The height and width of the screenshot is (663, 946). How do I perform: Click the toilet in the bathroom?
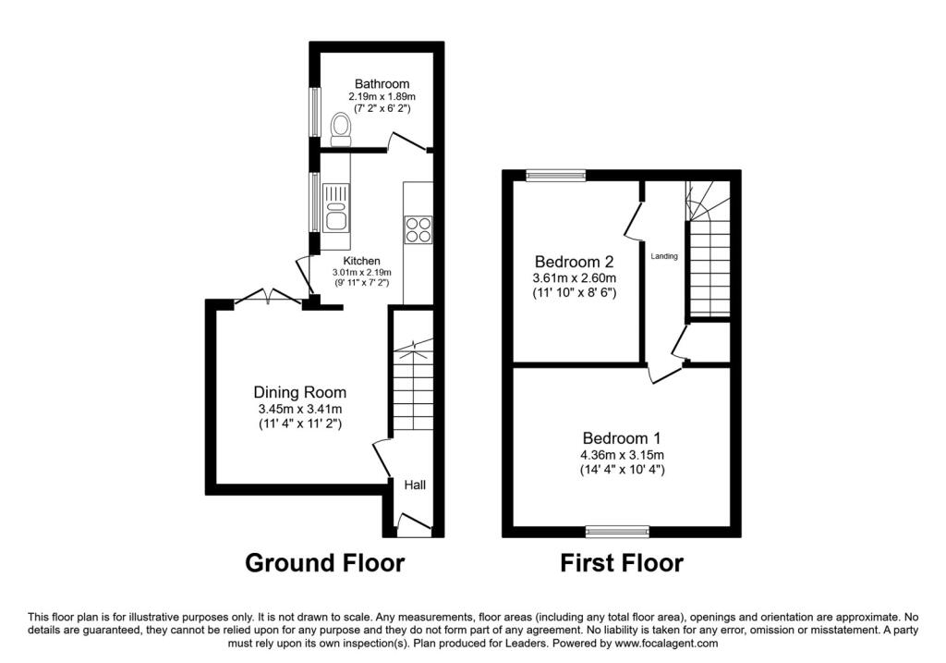(x=340, y=128)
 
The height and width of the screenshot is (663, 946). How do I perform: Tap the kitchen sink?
(x=334, y=206)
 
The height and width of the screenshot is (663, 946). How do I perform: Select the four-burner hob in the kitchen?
(x=418, y=228)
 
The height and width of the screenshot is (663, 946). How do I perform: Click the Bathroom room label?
(x=382, y=84)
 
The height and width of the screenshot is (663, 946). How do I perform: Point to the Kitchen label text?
(x=361, y=261)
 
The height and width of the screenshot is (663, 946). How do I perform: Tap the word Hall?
(x=414, y=485)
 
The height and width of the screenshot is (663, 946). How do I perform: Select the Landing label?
(x=664, y=256)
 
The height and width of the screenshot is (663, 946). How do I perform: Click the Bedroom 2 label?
(x=574, y=262)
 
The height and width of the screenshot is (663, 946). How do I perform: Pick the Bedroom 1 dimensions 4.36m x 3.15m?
(x=621, y=454)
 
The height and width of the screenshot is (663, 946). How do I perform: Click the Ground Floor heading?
(x=324, y=562)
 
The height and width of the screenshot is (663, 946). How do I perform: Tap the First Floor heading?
(x=622, y=562)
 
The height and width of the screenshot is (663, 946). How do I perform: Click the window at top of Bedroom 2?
(x=556, y=175)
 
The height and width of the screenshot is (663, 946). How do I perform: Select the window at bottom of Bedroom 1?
(x=618, y=532)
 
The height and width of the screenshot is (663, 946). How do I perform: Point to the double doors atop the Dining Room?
(x=267, y=297)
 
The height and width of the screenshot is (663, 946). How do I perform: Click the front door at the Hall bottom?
(x=413, y=528)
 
